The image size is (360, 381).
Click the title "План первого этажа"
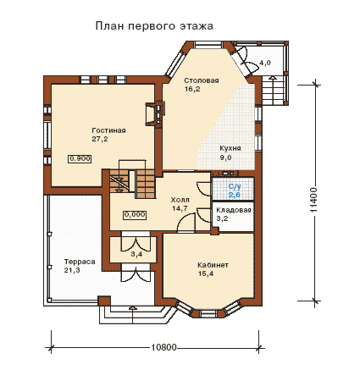click(154, 26)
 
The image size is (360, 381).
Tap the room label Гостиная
click(108, 130)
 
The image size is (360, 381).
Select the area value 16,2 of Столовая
click(192, 89)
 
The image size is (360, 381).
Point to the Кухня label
click(230, 148)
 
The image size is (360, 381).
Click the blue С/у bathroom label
click(235, 186)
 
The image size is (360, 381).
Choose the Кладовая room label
click(234, 210)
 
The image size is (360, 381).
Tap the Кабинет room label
click(213, 265)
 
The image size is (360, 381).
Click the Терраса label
click(80, 262)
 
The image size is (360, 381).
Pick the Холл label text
click(180, 200)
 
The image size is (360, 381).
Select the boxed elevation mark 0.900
click(80, 159)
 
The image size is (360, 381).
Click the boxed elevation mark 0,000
click(135, 215)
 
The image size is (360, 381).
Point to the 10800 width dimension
click(163, 347)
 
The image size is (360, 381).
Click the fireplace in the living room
click(155, 113)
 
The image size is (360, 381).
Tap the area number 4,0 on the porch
click(265, 63)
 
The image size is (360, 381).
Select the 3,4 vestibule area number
click(136, 255)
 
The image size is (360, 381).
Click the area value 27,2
click(100, 139)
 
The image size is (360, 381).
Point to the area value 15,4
click(206, 273)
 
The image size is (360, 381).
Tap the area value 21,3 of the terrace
click(72, 270)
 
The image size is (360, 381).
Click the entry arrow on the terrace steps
click(132, 315)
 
